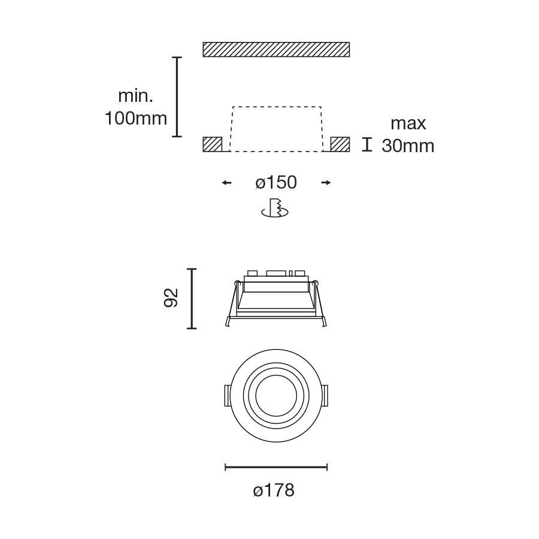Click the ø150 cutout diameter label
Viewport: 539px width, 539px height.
click(276, 182)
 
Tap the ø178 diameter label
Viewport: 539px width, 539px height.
click(274, 490)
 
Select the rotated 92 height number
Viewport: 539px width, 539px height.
click(171, 298)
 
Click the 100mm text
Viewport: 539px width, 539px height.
click(136, 119)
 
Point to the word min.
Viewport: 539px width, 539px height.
click(135, 96)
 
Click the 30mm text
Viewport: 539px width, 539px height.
click(408, 146)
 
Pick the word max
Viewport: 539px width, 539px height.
click(408, 124)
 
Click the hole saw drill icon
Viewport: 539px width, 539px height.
click(275, 208)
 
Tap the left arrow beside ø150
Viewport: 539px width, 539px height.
click(226, 183)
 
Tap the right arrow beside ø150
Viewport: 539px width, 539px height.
click(326, 183)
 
